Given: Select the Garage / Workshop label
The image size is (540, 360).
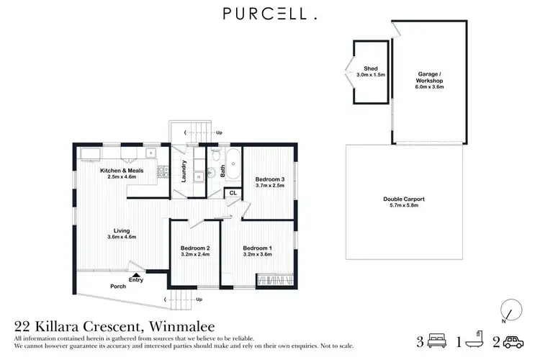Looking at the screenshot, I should (x=430, y=77).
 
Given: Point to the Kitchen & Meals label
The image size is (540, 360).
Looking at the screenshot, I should (x=122, y=170).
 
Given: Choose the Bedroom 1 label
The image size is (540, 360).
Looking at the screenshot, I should (x=257, y=248).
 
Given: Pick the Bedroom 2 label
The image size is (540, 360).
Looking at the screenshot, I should (x=194, y=248).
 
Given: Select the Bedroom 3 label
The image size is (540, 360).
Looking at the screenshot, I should (x=271, y=179).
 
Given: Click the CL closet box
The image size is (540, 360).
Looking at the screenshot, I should (x=233, y=193).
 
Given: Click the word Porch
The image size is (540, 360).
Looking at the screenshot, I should (x=117, y=285).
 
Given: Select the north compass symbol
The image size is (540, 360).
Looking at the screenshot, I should (x=510, y=310).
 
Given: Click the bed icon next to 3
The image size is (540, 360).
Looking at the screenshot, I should (x=436, y=341).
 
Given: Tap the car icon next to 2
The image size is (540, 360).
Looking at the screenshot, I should (x=512, y=341).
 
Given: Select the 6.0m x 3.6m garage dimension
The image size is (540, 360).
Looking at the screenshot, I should (x=430, y=86).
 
